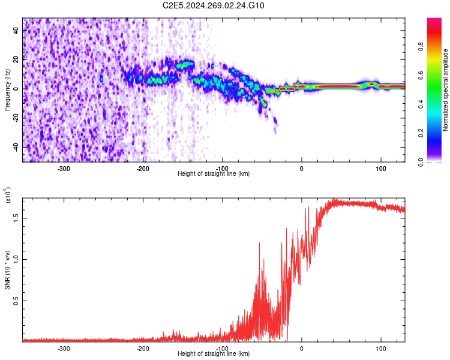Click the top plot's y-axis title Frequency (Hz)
tap(7, 89)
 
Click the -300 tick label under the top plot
tap(64, 168)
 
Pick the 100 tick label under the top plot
tap(380, 168)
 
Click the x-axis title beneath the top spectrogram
tap(214, 174)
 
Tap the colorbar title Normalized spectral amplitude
tap(446, 90)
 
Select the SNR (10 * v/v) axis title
tap(7, 270)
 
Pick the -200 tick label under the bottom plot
tap(143, 348)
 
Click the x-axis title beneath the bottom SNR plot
tap(214, 354)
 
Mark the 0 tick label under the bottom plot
tap(302, 348)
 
